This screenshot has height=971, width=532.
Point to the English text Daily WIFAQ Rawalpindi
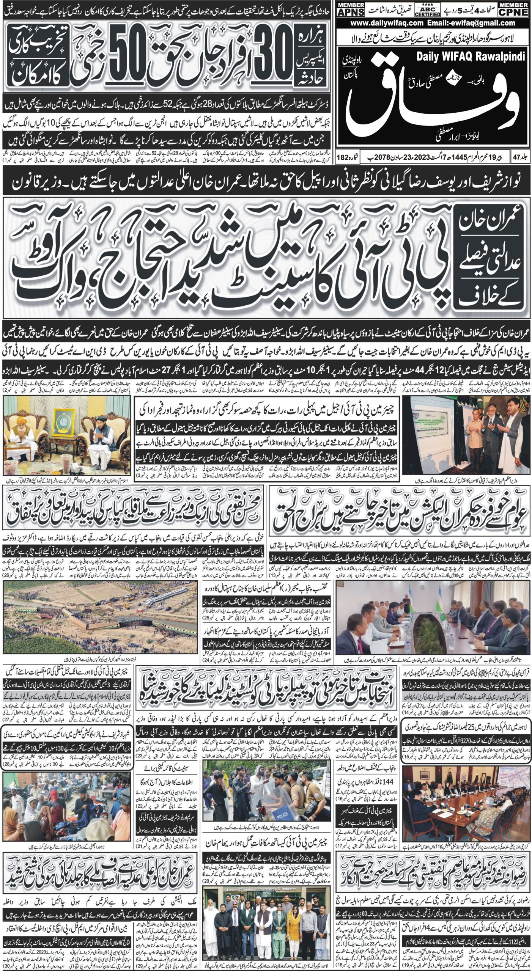(471, 57)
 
